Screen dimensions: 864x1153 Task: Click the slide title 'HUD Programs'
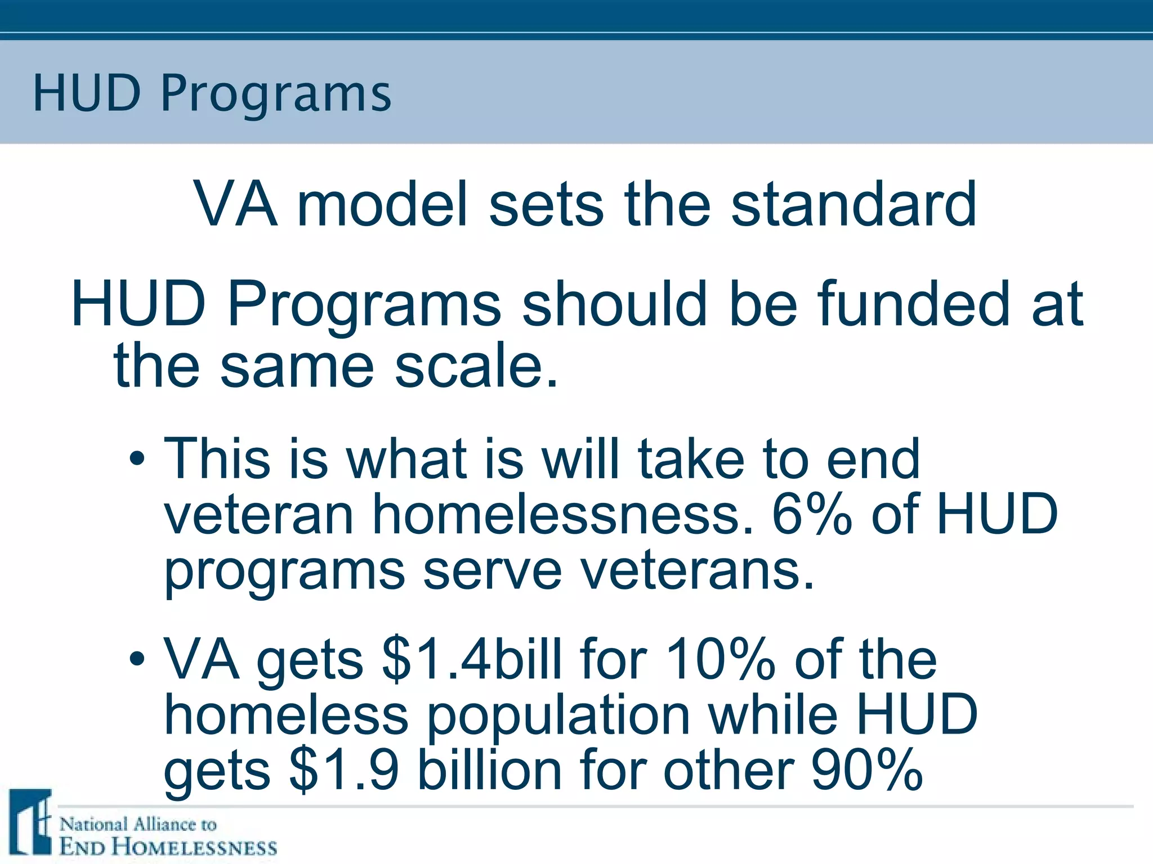pos(212,93)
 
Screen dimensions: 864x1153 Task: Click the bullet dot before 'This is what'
pos(137,460)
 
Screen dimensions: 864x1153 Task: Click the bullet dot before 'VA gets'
pos(137,659)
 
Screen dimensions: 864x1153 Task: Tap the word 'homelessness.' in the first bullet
pos(562,514)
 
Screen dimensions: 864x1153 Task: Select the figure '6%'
pos(811,514)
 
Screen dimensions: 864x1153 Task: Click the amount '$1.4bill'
pos(472,659)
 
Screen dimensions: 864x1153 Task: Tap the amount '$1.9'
pos(344,770)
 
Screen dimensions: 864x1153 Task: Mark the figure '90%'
pos(866,770)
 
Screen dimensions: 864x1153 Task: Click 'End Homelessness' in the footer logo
pos(168,847)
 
